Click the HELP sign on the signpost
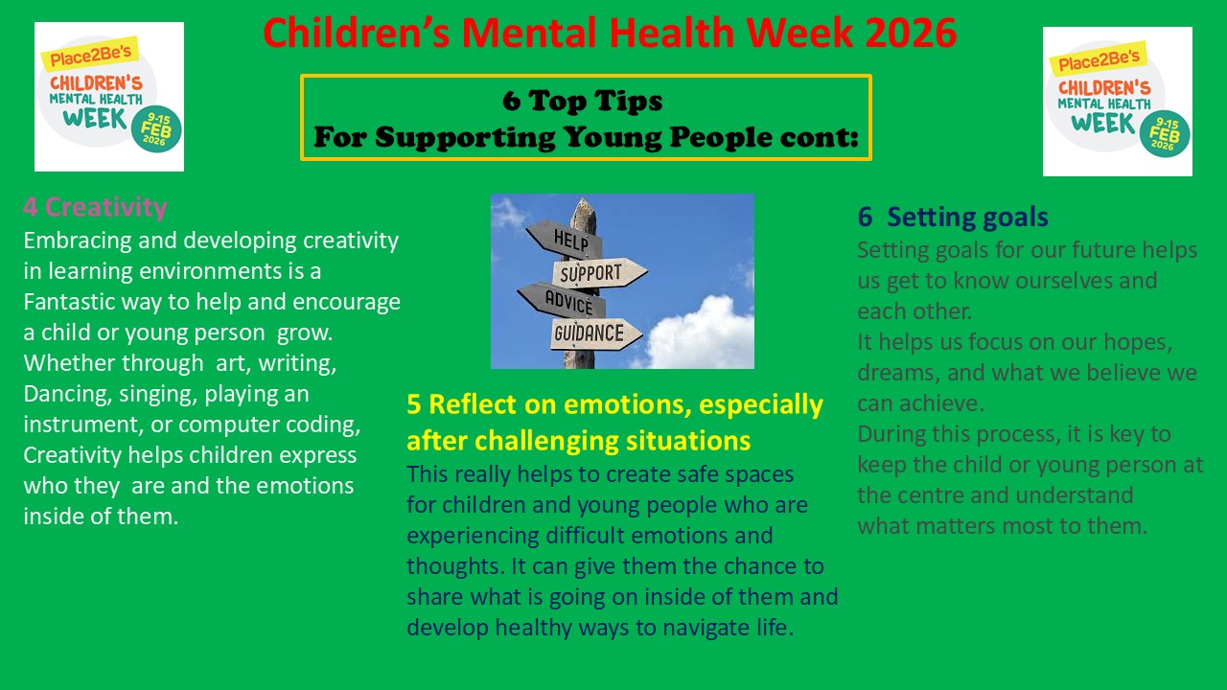tap(565, 240)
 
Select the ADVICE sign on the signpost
tap(562, 300)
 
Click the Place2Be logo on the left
tap(109, 97)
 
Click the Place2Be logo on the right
tap(1118, 102)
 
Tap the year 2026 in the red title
tap(911, 33)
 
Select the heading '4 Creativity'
tap(95, 208)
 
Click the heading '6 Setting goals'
tap(953, 217)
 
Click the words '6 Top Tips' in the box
tap(582, 101)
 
